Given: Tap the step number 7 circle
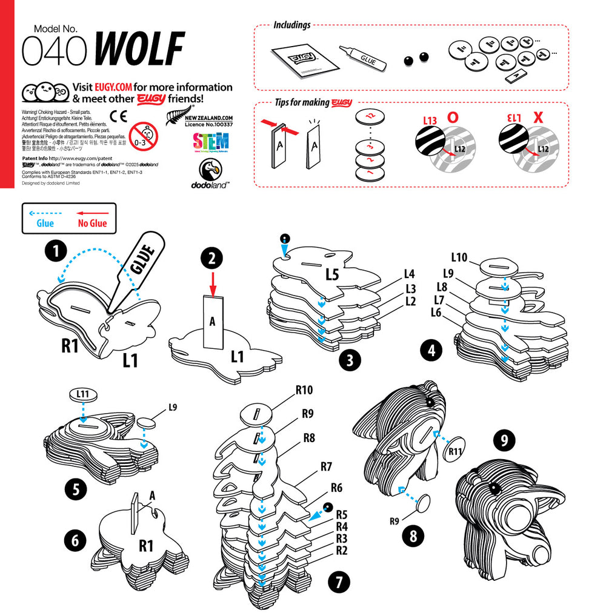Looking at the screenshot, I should pyautogui.click(x=339, y=583).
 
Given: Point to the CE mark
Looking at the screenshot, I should pyautogui.click(x=118, y=116).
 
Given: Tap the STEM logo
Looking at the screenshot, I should pyautogui.click(x=210, y=142).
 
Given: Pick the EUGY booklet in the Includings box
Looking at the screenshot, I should pyautogui.click(x=302, y=62).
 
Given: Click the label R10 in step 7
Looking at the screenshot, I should pyautogui.click(x=304, y=390).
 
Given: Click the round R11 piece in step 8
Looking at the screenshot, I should pyautogui.click(x=456, y=451).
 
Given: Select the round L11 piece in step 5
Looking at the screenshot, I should pyautogui.click(x=83, y=395).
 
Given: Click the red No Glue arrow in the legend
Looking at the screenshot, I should pyautogui.click(x=92, y=213).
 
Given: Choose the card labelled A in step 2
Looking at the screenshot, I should pyautogui.click(x=212, y=322).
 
